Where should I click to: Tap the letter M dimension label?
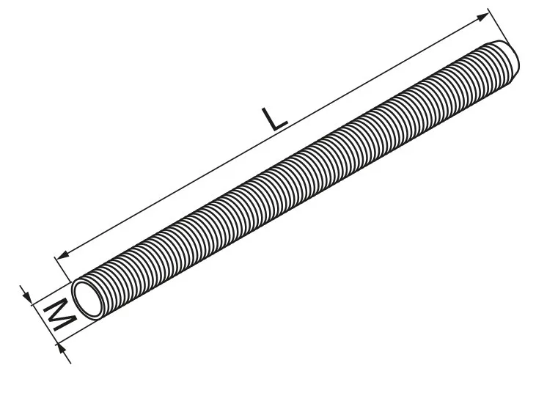pos(60,315)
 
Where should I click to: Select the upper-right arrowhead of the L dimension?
pos(482,17)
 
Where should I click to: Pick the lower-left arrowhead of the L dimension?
pos(63,256)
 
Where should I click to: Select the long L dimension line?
pos(273,136)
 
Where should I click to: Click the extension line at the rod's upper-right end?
pos(498,26)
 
